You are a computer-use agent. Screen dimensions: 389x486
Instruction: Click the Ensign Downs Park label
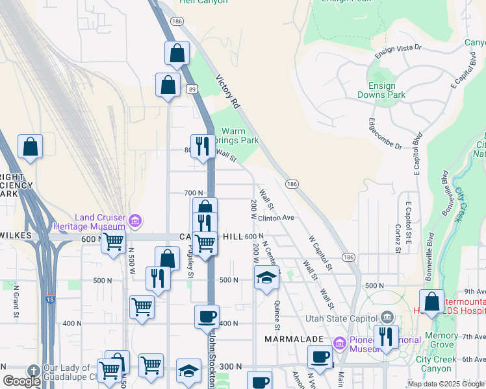(381, 90)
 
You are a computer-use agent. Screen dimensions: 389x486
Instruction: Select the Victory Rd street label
(228, 93)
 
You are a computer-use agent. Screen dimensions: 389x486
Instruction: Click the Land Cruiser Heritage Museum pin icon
(134, 222)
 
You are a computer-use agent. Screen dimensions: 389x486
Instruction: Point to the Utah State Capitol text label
(342, 318)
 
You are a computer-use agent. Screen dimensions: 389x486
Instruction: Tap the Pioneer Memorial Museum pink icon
(339, 342)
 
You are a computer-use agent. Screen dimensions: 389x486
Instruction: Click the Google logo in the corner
(21, 381)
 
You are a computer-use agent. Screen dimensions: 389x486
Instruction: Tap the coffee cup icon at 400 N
(207, 316)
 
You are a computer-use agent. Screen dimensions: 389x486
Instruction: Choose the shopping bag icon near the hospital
(431, 301)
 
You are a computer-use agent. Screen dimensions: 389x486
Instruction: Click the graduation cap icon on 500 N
(266, 277)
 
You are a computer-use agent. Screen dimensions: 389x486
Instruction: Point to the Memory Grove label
(442, 340)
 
